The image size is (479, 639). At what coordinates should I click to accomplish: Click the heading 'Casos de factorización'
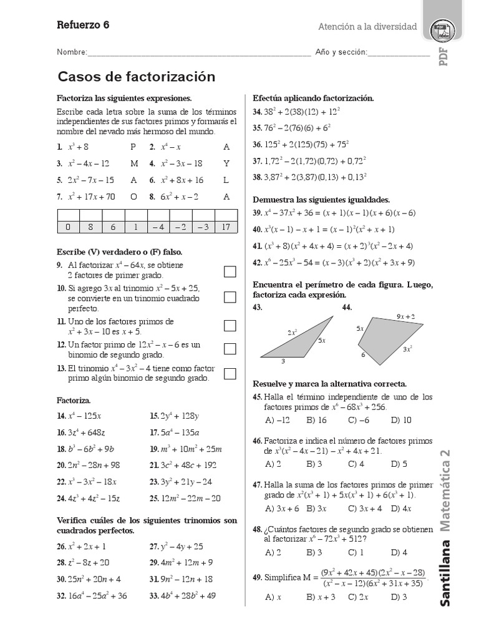click(x=136, y=77)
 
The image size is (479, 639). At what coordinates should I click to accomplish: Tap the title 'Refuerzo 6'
click(x=83, y=26)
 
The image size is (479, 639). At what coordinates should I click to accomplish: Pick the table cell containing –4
click(x=158, y=227)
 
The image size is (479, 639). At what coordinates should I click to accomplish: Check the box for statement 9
click(x=230, y=271)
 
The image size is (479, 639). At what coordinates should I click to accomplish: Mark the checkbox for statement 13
click(x=230, y=374)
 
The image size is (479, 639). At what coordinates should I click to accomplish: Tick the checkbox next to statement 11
click(x=230, y=325)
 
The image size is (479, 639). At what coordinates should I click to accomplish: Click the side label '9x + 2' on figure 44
click(x=405, y=316)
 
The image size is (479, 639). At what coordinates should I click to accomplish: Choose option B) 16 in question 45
click(x=316, y=420)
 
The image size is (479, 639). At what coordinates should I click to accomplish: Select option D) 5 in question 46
click(x=399, y=464)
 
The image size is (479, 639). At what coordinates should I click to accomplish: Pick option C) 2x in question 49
click(x=358, y=597)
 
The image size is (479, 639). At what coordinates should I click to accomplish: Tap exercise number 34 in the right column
click(x=256, y=112)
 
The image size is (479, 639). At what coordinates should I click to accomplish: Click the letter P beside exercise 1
click(x=133, y=147)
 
